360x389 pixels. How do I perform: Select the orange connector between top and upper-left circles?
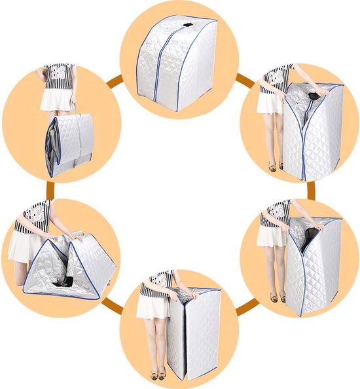click(115, 82)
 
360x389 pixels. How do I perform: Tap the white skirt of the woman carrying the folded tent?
click(55, 98)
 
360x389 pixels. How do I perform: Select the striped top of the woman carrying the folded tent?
click(59, 74)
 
